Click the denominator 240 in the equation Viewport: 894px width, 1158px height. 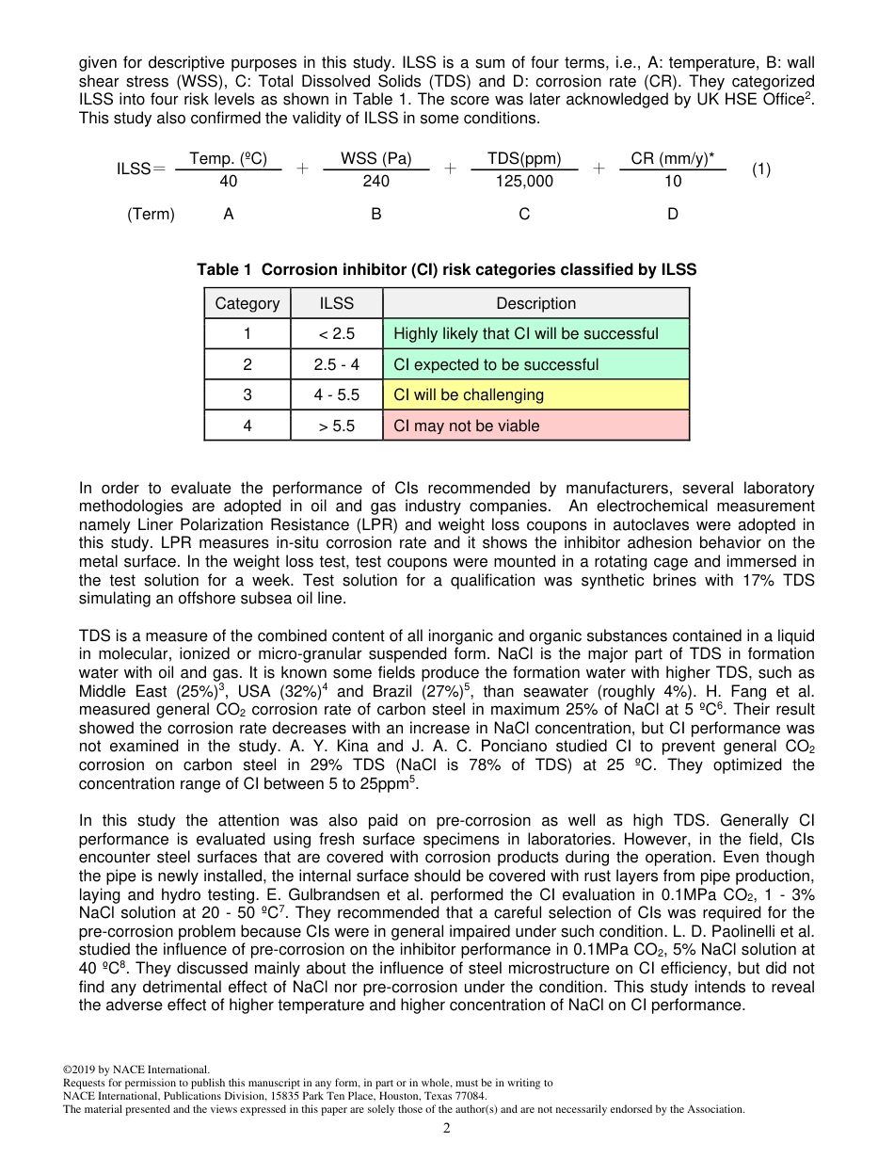[375, 182]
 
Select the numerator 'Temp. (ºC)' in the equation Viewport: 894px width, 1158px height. [229, 159]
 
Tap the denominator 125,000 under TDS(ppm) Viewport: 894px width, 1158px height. [524, 182]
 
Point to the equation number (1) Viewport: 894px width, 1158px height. [761, 169]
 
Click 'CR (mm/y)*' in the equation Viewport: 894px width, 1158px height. [673, 159]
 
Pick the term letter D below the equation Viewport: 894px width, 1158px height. [673, 215]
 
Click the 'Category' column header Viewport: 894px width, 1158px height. [247, 303]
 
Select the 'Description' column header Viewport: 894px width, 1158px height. [535, 303]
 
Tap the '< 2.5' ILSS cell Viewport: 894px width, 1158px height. [337, 334]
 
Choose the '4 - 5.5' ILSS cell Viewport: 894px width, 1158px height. [337, 395]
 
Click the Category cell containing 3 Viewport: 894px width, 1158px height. [247, 395]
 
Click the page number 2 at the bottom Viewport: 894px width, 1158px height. [447, 1129]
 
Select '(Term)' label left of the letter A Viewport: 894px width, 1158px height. [152, 215]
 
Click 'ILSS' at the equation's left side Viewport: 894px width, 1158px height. [134, 169]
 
